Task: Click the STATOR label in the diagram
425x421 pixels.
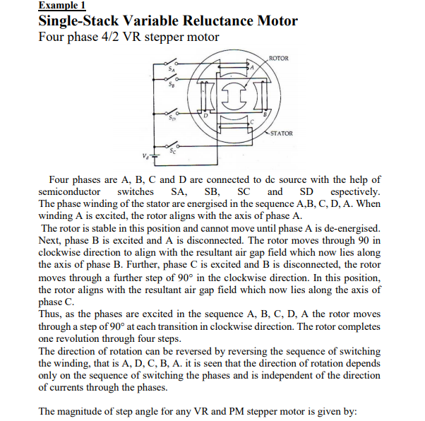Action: (x=281, y=133)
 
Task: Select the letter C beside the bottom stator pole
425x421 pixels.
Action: (x=251, y=123)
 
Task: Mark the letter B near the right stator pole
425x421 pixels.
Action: (x=265, y=113)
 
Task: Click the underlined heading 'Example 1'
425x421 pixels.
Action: (x=61, y=5)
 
